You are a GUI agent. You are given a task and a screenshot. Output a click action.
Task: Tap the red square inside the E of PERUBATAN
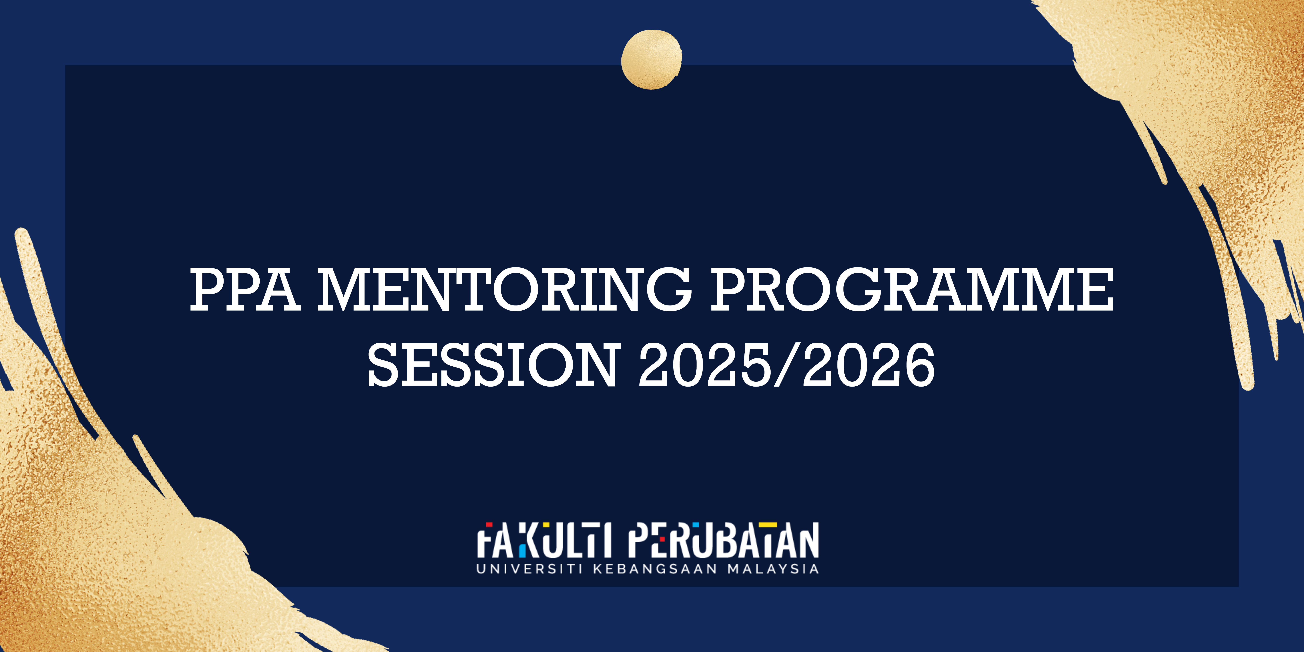(662, 539)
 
